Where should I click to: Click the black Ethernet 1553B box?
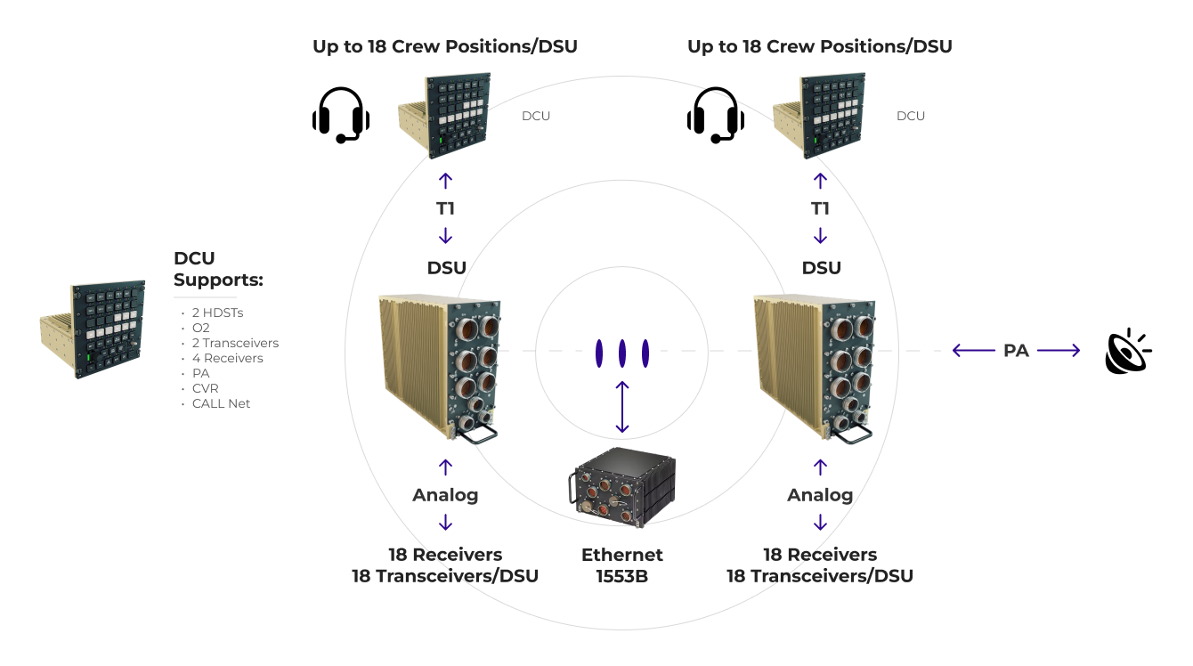coord(622,487)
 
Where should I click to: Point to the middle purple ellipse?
coord(622,353)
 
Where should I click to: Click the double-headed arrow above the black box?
coord(622,407)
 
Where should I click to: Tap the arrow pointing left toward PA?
coord(974,351)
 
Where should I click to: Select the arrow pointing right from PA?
coord(1059,351)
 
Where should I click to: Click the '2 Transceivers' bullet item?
coord(235,343)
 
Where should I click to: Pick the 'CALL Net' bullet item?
coord(221,404)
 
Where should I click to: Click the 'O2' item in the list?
coord(201,329)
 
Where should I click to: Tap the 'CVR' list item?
coord(205,388)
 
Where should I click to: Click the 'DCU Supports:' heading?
coord(218,269)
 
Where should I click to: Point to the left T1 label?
coord(445,208)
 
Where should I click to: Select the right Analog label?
coord(820,495)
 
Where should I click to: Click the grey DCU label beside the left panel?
coord(536,116)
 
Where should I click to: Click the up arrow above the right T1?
coord(820,181)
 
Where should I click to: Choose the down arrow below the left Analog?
coord(445,522)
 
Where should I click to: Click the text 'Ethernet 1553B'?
coord(622,565)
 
